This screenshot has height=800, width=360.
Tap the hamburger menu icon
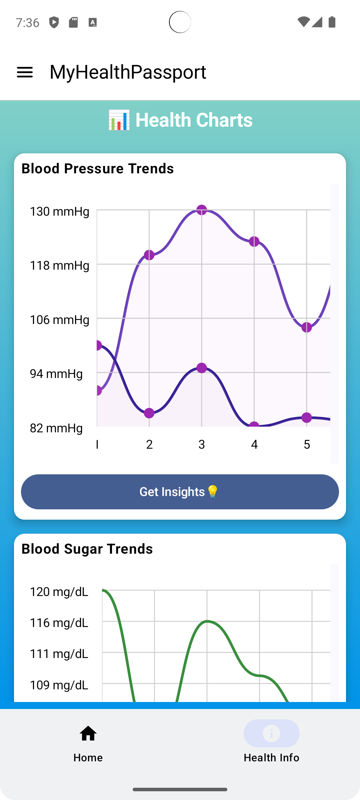25,72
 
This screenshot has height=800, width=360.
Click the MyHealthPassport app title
128,72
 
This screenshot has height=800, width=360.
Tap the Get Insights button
180,492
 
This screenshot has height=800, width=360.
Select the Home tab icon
88,734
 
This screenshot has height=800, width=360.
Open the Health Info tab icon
271,734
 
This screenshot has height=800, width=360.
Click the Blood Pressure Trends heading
98,169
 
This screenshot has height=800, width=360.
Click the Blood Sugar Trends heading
87,549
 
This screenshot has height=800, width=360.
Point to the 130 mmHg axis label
60,211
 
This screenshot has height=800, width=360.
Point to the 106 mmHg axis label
60,320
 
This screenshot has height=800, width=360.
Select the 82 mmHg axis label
56,428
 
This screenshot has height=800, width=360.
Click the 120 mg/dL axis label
59,592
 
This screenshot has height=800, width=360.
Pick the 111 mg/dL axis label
59,654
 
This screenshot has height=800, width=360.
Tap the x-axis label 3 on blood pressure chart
202,444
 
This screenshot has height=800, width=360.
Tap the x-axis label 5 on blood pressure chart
307,444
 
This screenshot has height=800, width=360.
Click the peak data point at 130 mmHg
202,210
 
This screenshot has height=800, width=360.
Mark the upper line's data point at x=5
307,327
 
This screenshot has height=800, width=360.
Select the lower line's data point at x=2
149,413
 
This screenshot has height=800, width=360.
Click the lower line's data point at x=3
202,368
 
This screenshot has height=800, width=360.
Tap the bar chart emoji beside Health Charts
119,120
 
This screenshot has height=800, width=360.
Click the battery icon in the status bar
332,22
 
